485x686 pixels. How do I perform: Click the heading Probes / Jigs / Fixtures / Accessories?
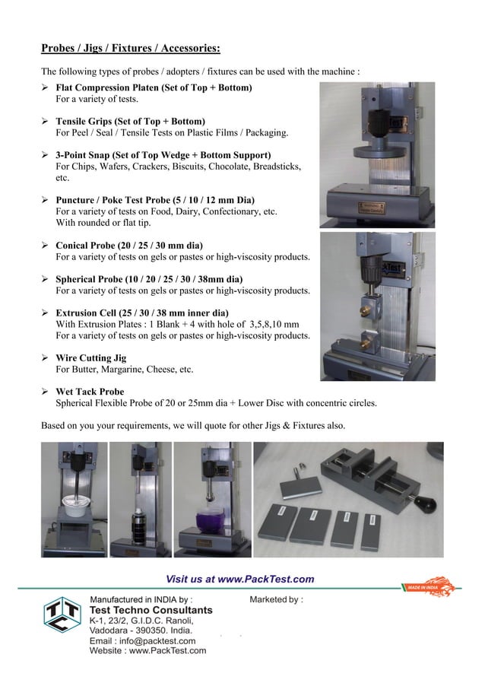[130, 49]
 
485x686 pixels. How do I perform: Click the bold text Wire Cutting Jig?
[91, 357]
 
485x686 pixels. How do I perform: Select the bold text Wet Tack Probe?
[90, 392]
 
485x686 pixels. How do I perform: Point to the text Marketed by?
[276, 599]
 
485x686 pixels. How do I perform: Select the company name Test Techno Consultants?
[151, 610]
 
